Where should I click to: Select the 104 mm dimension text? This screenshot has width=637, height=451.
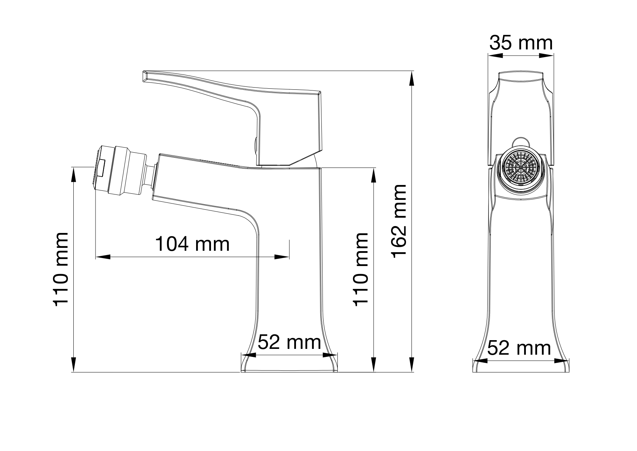tap(192, 244)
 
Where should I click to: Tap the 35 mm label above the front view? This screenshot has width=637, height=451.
tap(521, 43)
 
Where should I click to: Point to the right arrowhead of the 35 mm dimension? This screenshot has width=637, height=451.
tap(546, 56)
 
